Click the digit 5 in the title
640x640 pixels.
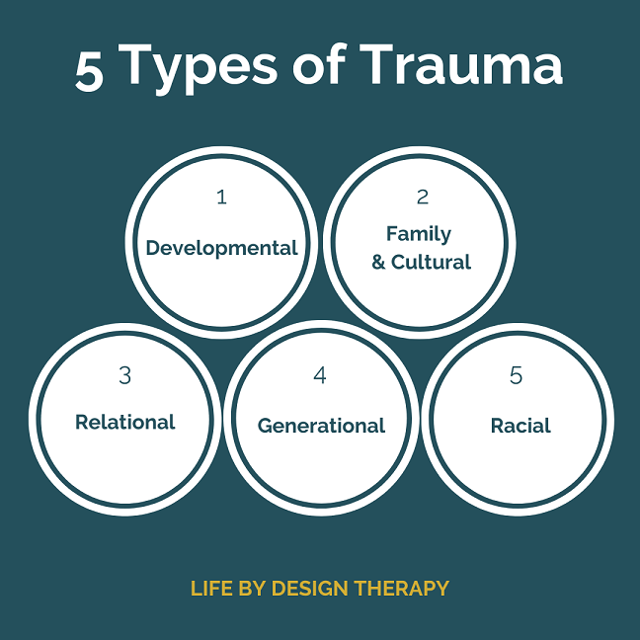tap(89, 72)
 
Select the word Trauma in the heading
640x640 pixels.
tap(461, 64)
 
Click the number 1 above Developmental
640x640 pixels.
tap(221, 197)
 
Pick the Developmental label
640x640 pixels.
tap(221, 248)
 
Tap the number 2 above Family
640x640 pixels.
tap(423, 197)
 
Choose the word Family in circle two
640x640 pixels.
tap(419, 234)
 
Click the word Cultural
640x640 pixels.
tap(431, 262)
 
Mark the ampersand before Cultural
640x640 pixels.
tap(378, 263)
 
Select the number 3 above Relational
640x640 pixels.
tap(125, 375)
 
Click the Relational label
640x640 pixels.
tap(125, 422)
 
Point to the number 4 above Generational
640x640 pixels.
tap(320, 375)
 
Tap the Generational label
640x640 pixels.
tap(321, 426)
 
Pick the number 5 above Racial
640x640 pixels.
tap(516, 375)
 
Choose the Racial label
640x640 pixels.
tap(520, 426)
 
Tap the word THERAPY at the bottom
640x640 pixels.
tap(402, 589)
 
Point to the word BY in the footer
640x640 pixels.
tap(253, 589)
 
